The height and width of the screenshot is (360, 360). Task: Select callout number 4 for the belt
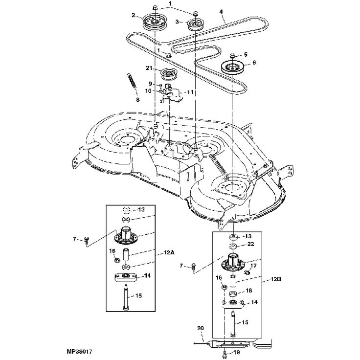point(222,11)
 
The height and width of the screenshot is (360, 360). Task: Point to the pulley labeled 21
point(169,76)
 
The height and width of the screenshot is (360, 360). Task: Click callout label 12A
point(169,253)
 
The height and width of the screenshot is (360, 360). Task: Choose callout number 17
point(254,266)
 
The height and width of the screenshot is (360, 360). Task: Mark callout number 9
point(151,83)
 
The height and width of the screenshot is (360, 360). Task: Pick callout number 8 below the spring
point(137,100)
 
